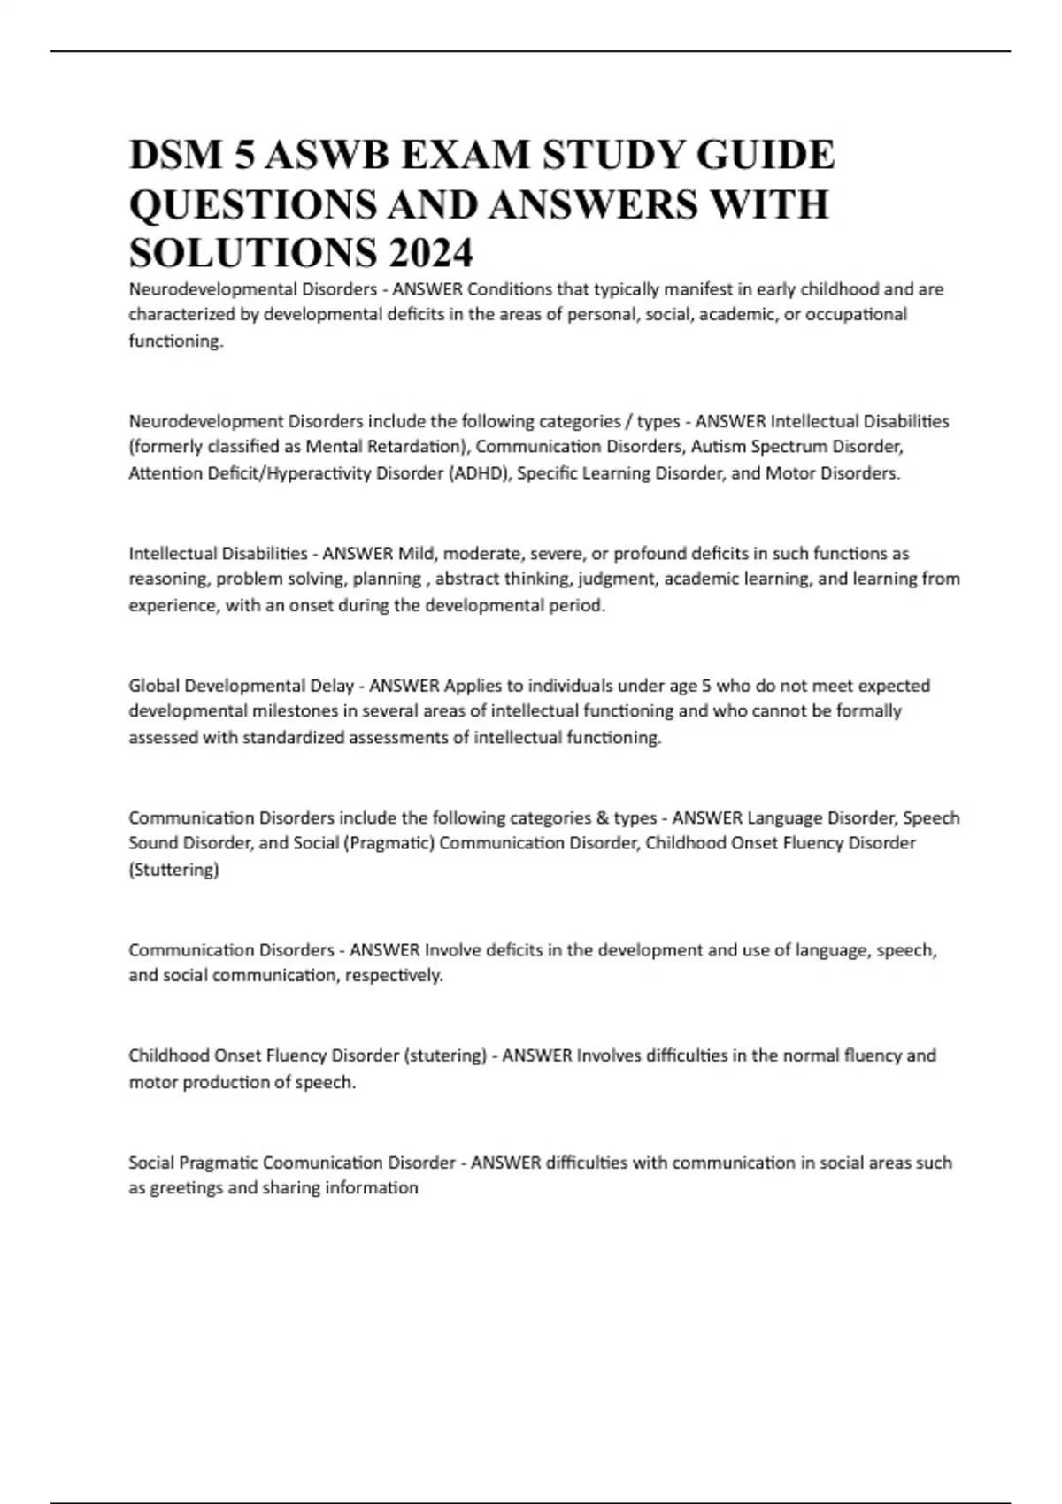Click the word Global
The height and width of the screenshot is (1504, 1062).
[x=154, y=686]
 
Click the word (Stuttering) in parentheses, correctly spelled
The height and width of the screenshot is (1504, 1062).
[x=173, y=870]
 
